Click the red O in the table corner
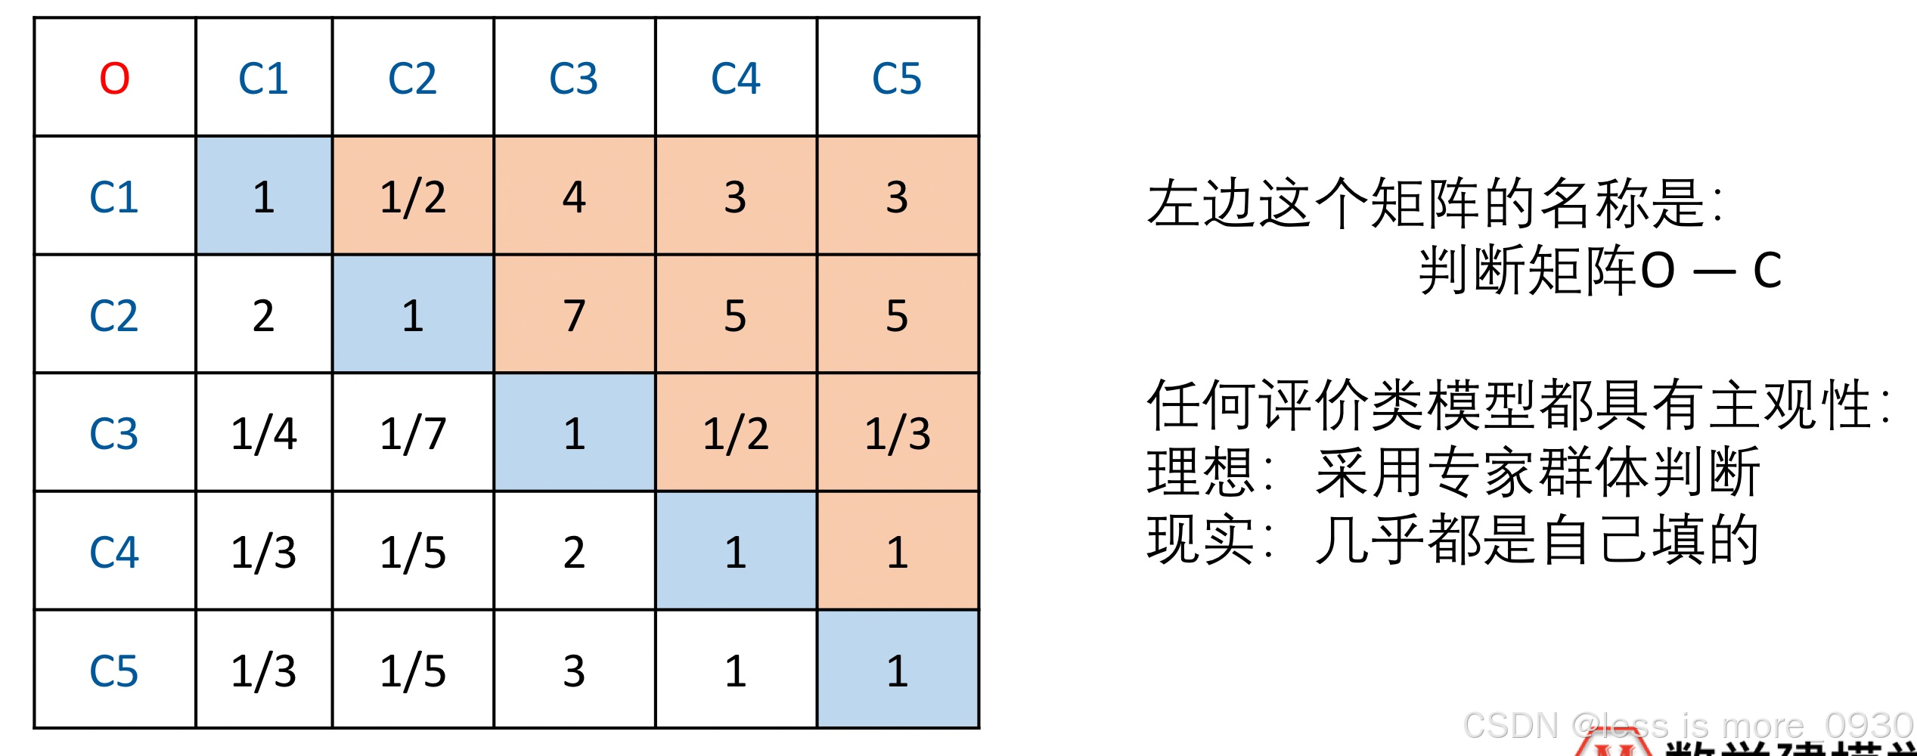(115, 78)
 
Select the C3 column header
(573, 78)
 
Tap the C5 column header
(897, 78)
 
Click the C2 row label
(114, 315)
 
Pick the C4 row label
(114, 552)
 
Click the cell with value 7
(574, 315)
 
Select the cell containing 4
(574, 197)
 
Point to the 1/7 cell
(413, 434)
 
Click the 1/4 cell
(263, 434)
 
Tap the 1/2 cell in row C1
(413, 197)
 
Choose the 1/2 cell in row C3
(736, 434)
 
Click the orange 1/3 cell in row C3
(898, 434)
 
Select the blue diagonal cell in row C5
(898, 671)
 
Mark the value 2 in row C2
(263, 315)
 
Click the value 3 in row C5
(574, 671)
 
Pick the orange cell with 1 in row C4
(898, 552)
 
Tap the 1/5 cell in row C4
(413, 552)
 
